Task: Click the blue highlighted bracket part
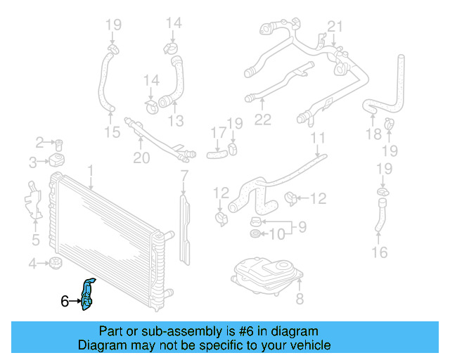(x=88, y=294)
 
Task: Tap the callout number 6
(x=65, y=302)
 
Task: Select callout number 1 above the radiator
(x=90, y=169)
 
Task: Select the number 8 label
(x=300, y=300)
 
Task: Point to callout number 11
(x=318, y=138)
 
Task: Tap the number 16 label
(x=380, y=252)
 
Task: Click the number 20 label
(x=141, y=158)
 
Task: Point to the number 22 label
(x=262, y=120)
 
